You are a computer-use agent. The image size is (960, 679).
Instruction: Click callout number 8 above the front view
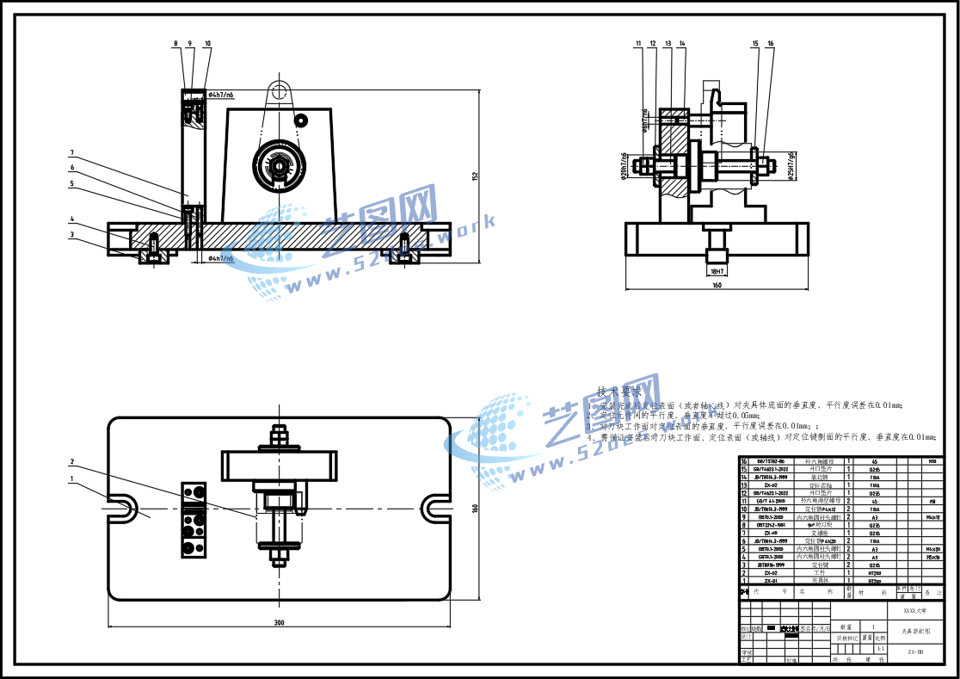click(175, 43)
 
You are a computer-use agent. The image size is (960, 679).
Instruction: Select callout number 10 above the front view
click(207, 43)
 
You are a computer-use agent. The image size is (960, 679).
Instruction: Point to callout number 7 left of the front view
click(72, 152)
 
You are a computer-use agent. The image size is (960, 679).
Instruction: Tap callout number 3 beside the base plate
click(72, 234)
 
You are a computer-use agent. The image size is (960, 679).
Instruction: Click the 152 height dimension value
click(474, 176)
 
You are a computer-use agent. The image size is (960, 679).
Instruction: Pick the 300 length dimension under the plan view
click(279, 621)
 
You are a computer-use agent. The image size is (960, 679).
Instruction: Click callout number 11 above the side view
click(639, 43)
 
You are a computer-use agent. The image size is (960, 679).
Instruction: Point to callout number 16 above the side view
click(770, 43)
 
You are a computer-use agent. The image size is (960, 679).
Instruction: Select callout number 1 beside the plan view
click(72, 478)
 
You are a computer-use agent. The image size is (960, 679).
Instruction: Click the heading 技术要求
click(619, 392)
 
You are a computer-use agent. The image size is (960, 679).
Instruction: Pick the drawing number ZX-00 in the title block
click(915, 652)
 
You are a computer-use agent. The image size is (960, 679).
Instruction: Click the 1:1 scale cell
click(879, 648)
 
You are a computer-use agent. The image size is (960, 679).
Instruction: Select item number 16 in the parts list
click(744, 461)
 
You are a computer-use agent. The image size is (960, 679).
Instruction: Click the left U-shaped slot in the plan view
click(121, 509)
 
